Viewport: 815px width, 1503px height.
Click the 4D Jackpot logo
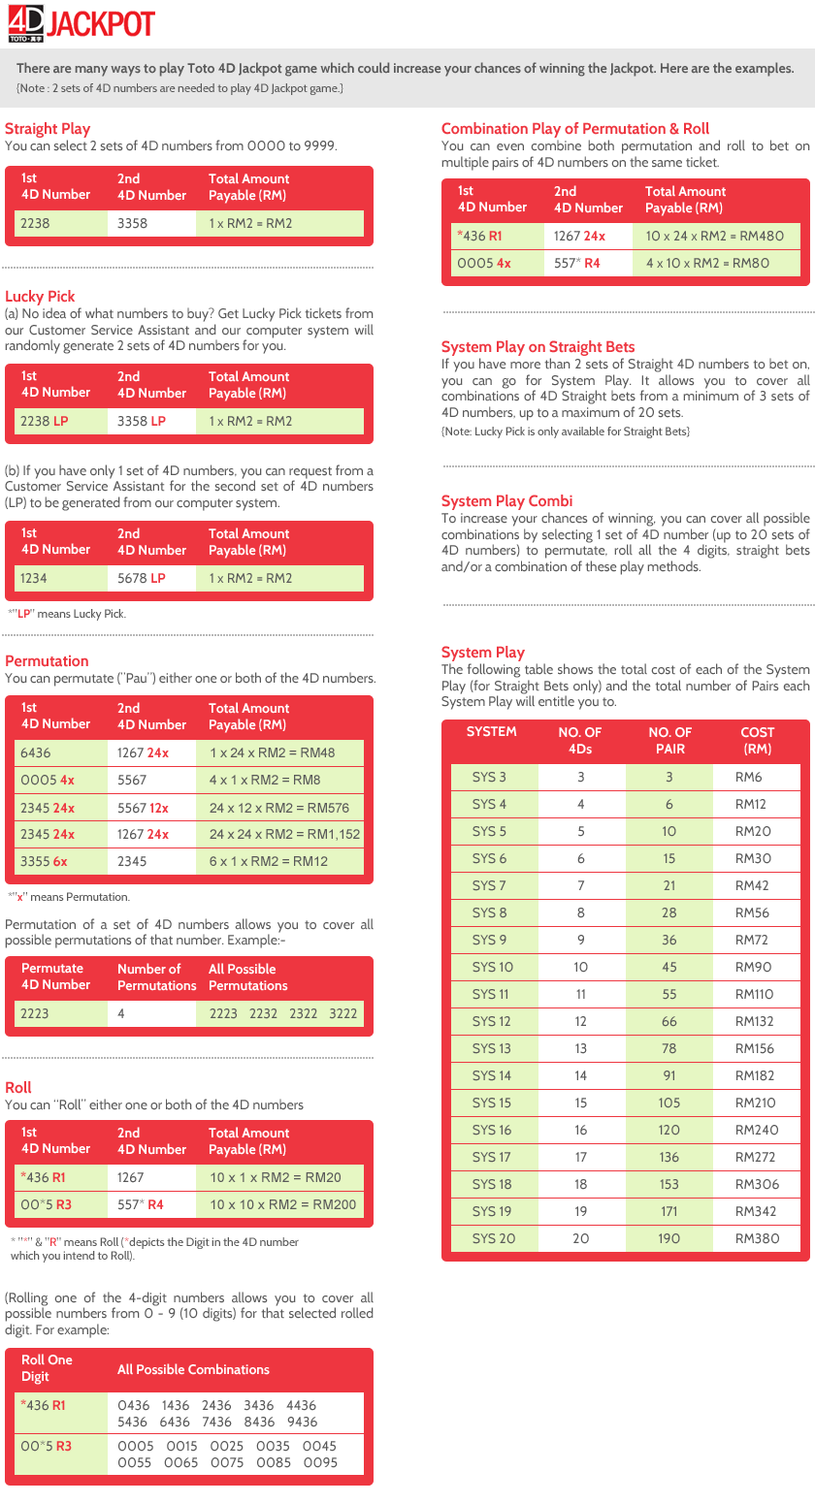tap(81, 24)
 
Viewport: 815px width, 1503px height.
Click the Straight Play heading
tap(48, 128)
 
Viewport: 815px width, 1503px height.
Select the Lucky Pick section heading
tap(40, 296)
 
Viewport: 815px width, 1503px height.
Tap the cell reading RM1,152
tap(284, 834)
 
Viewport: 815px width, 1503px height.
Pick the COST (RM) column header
tap(757, 740)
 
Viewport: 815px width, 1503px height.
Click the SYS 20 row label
tap(494, 1238)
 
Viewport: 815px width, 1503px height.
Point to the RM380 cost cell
tap(757, 1238)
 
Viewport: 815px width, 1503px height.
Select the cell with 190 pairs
tap(669, 1238)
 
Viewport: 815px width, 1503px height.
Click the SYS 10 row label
tap(492, 967)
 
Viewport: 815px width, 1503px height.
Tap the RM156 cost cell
tap(755, 1048)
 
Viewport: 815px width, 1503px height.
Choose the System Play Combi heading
tap(506, 500)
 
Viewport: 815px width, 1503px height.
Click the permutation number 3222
tap(342, 1013)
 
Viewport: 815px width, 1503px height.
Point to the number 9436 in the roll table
tap(302, 1422)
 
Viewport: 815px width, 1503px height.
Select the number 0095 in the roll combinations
tap(320, 1462)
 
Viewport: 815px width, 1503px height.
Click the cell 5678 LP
tap(142, 578)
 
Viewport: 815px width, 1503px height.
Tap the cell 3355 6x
tap(44, 861)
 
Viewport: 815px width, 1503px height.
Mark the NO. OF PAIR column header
tap(669, 740)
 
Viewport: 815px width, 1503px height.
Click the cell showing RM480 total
tap(715, 236)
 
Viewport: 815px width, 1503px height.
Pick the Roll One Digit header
tap(47, 1368)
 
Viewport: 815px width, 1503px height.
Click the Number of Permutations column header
tap(156, 976)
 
